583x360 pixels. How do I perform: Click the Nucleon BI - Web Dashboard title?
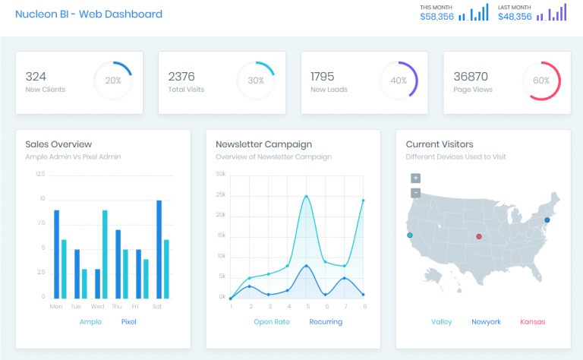click(89, 14)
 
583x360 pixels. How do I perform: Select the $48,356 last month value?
click(515, 17)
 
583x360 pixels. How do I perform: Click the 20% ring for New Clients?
click(113, 81)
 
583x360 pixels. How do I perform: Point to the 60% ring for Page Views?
click(541, 81)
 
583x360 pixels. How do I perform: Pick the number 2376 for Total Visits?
click(181, 76)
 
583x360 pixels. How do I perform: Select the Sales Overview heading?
click(58, 144)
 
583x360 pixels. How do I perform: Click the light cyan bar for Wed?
click(105, 254)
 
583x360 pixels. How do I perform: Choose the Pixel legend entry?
click(129, 322)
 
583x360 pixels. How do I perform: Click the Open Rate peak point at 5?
click(307, 197)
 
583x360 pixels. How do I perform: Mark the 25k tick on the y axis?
click(221, 194)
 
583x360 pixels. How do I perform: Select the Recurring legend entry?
click(326, 322)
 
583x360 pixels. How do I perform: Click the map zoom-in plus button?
click(415, 178)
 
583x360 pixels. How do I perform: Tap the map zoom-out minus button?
click(415, 193)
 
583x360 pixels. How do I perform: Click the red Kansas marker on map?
click(478, 237)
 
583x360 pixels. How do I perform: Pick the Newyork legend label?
click(486, 322)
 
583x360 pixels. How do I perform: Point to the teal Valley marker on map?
click(410, 235)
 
